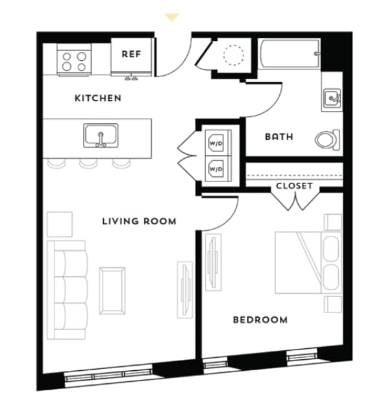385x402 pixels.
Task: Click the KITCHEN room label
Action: (97, 99)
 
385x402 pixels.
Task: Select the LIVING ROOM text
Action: (139, 221)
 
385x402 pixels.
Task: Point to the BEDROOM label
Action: (260, 320)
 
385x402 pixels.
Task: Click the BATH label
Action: (279, 137)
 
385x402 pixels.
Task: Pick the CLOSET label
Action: (294, 186)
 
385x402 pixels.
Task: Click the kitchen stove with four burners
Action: (73, 61)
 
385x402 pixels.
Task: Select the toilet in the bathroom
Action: (327, 139)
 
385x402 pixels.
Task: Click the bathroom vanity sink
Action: (332, 99)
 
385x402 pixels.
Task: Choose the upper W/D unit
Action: (215, 141)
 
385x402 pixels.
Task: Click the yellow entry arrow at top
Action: (172, 16)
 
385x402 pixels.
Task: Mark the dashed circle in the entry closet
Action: (232, 55)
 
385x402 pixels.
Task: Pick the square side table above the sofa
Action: (60, 224)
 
